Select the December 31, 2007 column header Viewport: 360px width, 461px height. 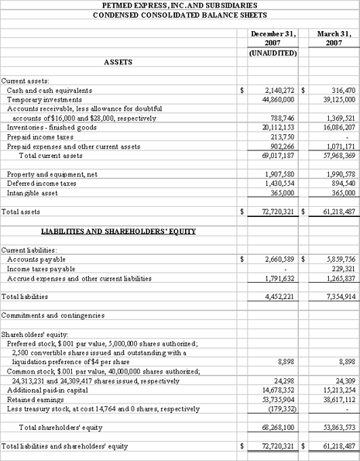click(x=275, y=39)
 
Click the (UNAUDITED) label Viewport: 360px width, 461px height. click(x=275, y=53)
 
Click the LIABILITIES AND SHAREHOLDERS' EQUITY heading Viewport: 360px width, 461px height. click(x=118, y=209)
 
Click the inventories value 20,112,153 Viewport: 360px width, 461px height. click(x=277, y=126)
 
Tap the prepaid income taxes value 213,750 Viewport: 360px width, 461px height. click(x=282, y=135)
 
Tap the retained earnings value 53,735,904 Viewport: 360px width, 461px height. click(x=277, y=398)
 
